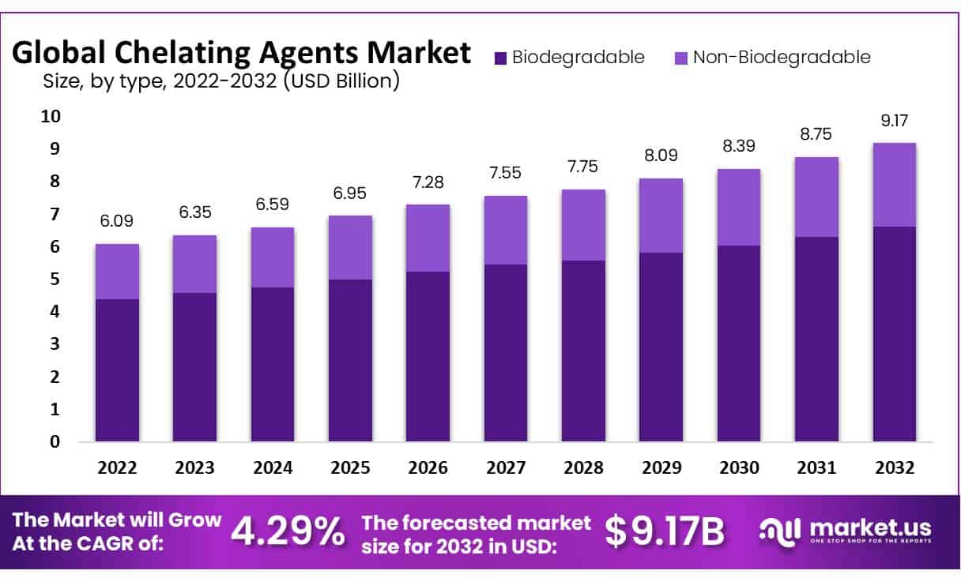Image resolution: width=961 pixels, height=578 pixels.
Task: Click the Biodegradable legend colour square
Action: [500, 58]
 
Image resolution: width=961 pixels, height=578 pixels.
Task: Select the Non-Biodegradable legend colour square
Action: [680, 58]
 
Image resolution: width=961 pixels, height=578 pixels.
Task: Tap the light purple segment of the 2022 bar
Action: [117, 272]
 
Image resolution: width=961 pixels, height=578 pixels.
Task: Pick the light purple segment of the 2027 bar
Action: [506, 230]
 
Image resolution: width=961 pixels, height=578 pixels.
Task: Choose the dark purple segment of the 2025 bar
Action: [350, 360]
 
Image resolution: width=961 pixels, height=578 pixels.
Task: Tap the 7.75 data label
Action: [583, 167]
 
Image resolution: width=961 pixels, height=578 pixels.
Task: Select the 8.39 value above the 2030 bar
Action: [739, 148]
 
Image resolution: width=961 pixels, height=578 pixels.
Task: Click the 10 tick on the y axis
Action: [50, 116]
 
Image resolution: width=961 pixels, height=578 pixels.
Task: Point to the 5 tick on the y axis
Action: [55, 279]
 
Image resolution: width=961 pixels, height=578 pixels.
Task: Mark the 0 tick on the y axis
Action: [55, 441]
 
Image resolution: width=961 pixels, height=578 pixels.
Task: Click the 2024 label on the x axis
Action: [273, 467]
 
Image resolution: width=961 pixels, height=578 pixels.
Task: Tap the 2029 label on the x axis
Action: [661, 467]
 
